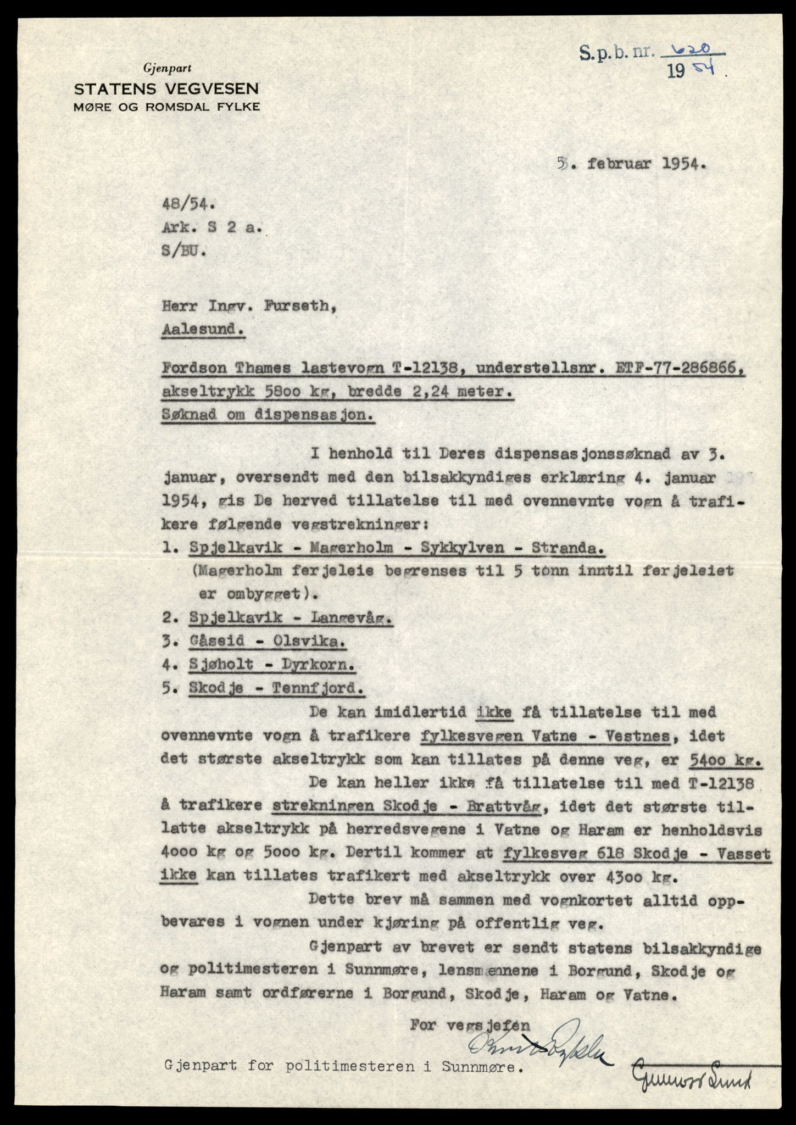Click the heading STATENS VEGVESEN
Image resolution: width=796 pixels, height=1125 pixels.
(166, 88)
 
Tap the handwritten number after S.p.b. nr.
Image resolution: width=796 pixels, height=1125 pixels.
(701, 51)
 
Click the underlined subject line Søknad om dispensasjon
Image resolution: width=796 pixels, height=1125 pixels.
(269, 416)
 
